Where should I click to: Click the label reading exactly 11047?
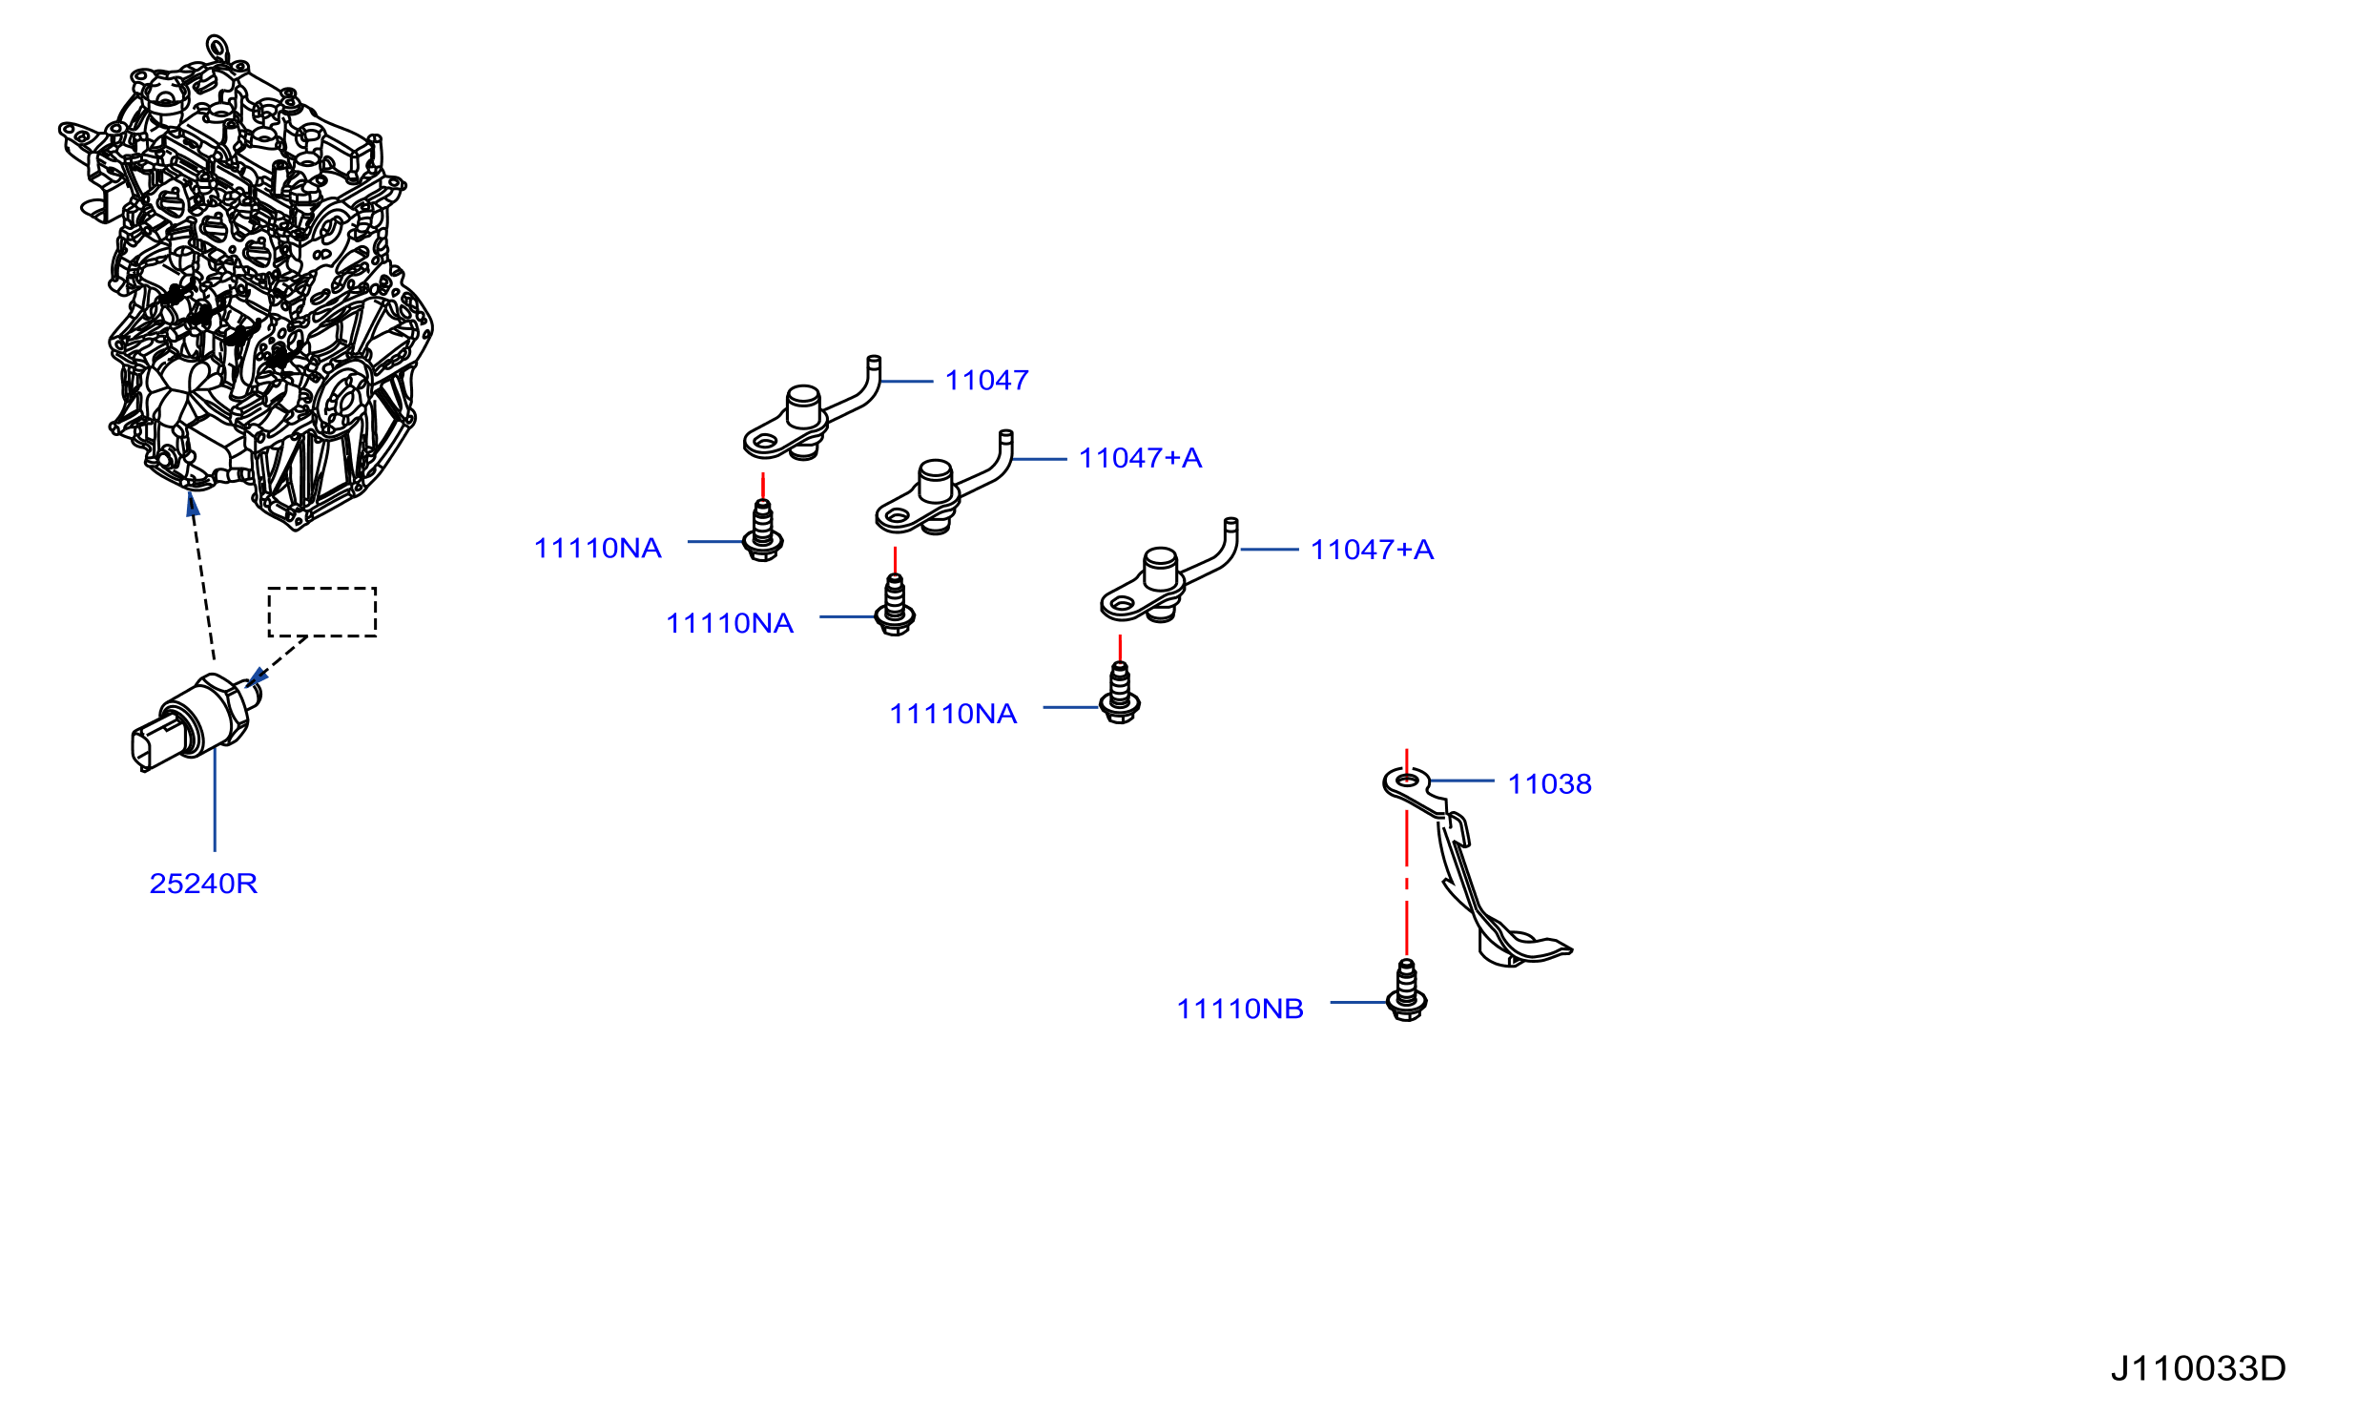click(x=986, y=381)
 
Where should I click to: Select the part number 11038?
click(x=1549, y=784)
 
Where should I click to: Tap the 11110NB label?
click(x=1240, y=1010)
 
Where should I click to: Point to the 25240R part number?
click(x=203, y=884)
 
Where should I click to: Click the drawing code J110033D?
click(x=2198, y=1368)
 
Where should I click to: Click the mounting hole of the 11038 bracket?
click(x=1407, y=781)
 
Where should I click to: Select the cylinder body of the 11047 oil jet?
click(x=803, y=407)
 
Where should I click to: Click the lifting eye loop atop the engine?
click(x=217, y=47)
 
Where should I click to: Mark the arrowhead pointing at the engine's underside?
click(x=193, y=504)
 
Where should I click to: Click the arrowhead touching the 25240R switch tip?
click(x=257, y=677)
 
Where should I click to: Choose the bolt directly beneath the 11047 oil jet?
click(x=762, y=531)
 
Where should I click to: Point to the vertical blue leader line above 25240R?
click(x=215, y=800)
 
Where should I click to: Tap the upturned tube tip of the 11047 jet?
click(x=874, y=363)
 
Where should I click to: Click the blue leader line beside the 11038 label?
click(x=1461, y=781)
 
